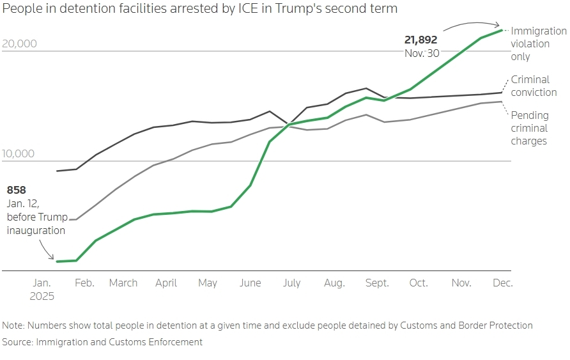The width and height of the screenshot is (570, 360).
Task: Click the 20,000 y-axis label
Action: [x=20, y=43]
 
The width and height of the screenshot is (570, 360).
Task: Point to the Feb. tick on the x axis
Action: [x=84, y=283]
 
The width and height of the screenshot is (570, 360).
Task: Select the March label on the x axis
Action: [x=123, y=283]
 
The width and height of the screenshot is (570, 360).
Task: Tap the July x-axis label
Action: [x=291, y=283]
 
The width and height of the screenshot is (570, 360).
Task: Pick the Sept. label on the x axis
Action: [x=377, y=283]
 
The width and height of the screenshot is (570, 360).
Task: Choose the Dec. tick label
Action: [x=502, y=283]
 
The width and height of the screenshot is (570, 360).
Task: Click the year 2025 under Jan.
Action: [x=42, y=297]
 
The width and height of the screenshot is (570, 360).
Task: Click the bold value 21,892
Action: [x=420, y=40]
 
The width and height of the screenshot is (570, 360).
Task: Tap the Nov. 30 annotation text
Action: [x=422, y=53]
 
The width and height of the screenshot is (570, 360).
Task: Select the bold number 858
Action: [x=16, y=190]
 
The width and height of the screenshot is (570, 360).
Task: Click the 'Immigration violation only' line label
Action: [x=538, y=43]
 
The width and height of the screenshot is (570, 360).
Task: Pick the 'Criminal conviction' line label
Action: [x=534, y=86]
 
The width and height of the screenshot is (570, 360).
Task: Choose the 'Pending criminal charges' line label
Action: [x=529, y=128]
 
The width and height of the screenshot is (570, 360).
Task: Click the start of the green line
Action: [x=57, y=262]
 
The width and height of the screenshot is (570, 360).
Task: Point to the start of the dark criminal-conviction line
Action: [x=58, y=171]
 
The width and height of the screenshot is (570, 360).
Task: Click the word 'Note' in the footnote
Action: [x=13, y=325]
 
